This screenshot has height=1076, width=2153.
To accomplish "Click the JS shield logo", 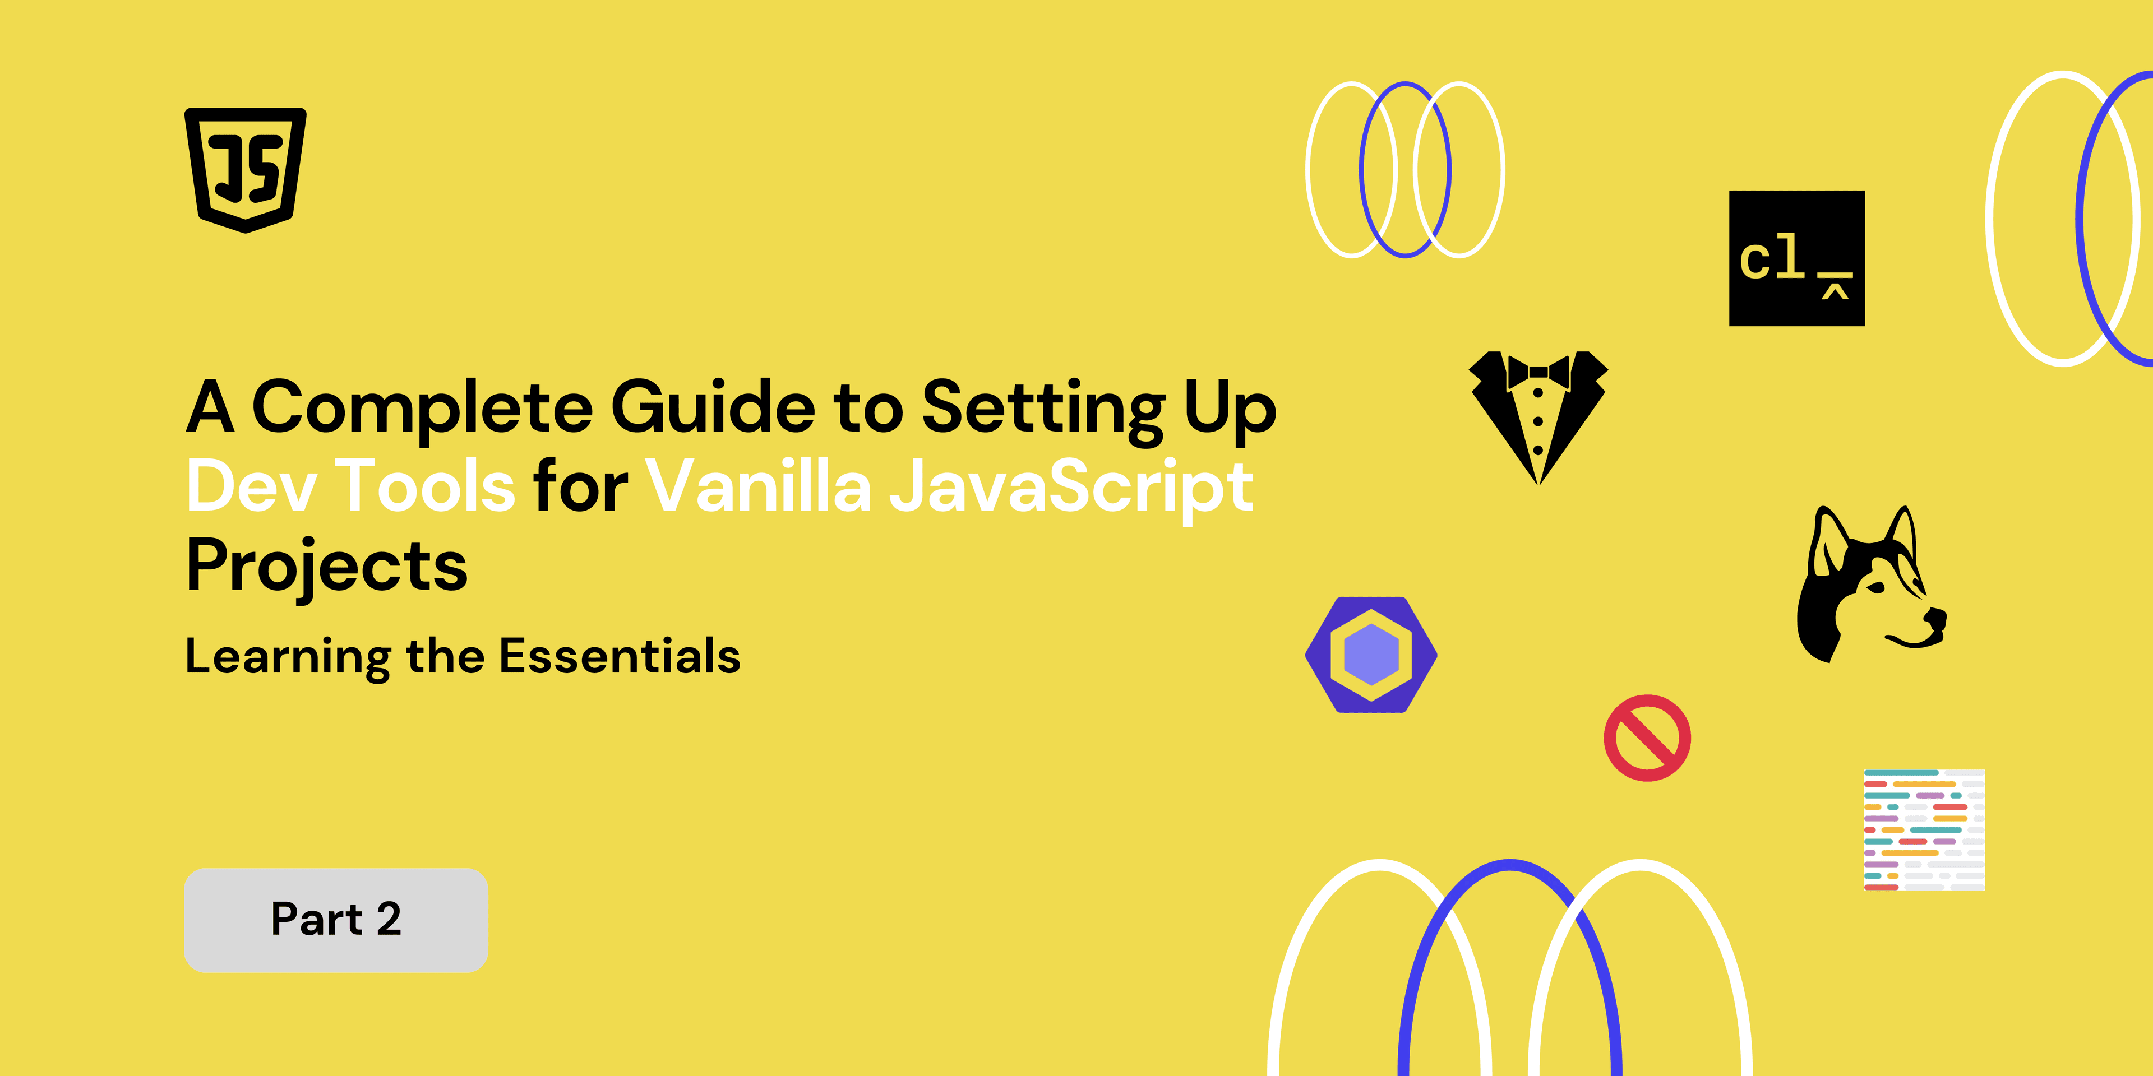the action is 245,170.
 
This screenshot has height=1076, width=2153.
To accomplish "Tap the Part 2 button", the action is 336,920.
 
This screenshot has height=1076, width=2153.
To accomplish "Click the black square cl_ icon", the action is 1797,258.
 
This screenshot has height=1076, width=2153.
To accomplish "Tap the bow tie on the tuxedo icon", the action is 1538,372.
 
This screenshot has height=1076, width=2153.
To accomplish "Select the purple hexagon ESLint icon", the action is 1371,655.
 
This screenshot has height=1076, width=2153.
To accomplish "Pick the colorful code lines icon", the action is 1924,829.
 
